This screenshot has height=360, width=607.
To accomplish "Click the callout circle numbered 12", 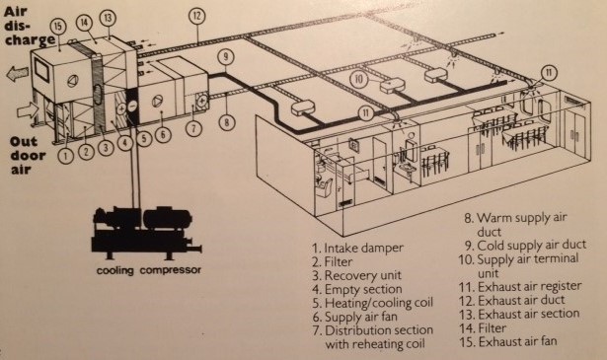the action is pyautogui.click(x=197, y=16).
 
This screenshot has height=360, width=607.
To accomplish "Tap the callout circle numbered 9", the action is pyautogui.click(x=225, y=57).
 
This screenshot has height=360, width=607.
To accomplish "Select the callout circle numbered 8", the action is pyautogui.click(x=227, y=122).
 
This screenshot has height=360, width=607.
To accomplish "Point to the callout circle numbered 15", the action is pyautogui.click(x=57, y=27).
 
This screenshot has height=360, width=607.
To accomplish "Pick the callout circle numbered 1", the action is pyautogui.click(x=66, y=156).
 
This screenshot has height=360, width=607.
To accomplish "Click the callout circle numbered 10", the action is pyautogui.click(x=358, y=79).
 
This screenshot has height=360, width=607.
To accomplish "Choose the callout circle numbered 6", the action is pyautogui.click(x=163, y=135).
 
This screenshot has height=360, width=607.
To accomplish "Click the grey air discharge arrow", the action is pyautogui.click(x=18, y=73).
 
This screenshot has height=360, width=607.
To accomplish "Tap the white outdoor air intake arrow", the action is pyautogui.click(x=28, y=111).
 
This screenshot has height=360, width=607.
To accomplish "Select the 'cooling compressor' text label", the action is pyautogui.click(x=149, y=270).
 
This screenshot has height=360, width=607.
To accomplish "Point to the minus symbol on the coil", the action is pyautogui.click(x=132, y=105).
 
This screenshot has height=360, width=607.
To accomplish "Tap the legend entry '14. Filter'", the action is pyautogui.click(x=483, y=327).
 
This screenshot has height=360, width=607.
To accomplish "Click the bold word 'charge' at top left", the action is pyautogui.click(x=30, y=39).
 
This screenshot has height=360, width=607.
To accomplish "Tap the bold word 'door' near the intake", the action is pyautogui.click(x=28, y=156).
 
